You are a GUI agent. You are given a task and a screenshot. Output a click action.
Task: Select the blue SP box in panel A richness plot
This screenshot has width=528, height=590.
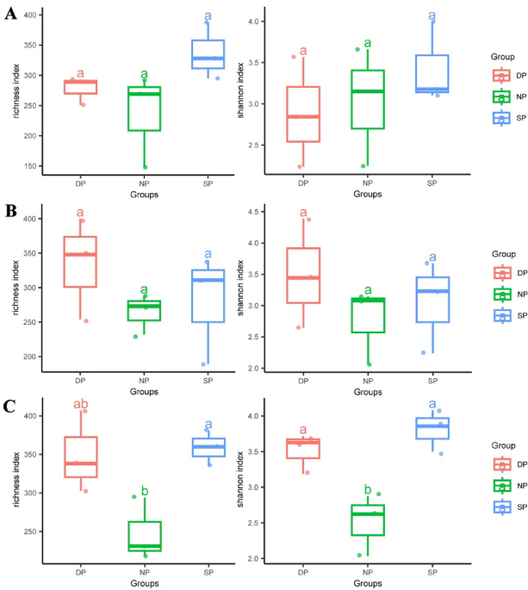pos(208,54)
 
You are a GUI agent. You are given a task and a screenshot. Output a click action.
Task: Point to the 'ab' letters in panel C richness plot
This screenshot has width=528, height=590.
pos(80,402)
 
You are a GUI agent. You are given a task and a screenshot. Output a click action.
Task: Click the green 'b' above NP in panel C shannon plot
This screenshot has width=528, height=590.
pos(368,490)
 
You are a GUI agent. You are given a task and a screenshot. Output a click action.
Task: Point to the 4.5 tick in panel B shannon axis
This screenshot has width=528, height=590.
pos(254,212)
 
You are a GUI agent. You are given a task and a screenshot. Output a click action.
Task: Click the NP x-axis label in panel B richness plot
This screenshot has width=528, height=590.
pos(144,380)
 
